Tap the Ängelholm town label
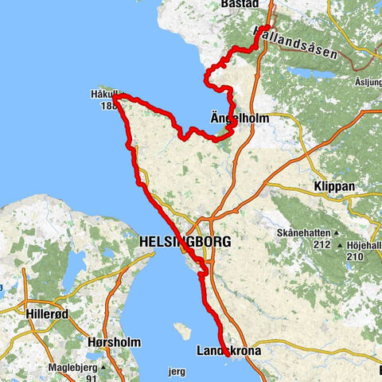(x=240, y=118)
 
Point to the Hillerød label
(x=49, y=306)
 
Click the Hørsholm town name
(x=114, y=342)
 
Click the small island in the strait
(x=182, y=329)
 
